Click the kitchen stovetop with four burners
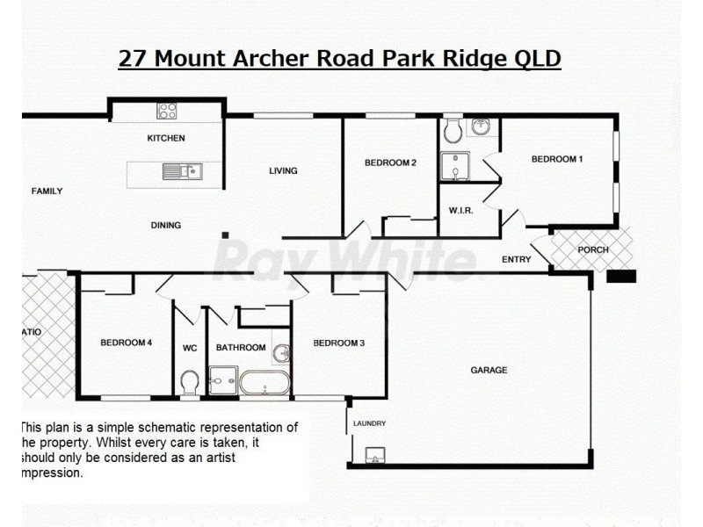pos(166,111)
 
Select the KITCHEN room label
pos(166,138)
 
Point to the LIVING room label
pos(283,171)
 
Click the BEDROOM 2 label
pos(390,162)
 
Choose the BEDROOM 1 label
pos(557,159)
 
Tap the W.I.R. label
pos(460,211)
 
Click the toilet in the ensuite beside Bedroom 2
pos(453,132)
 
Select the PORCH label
pos(593,249)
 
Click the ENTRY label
pos(516,259)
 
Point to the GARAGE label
pos(489,370)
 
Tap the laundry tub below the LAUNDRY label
pos(374,454)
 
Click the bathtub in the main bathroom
pos(264,382)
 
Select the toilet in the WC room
pos(189,382)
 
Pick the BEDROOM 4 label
pos(127,343)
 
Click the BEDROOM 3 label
pos(338,343)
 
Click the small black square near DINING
pos(226,235)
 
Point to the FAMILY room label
pos(47,191)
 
